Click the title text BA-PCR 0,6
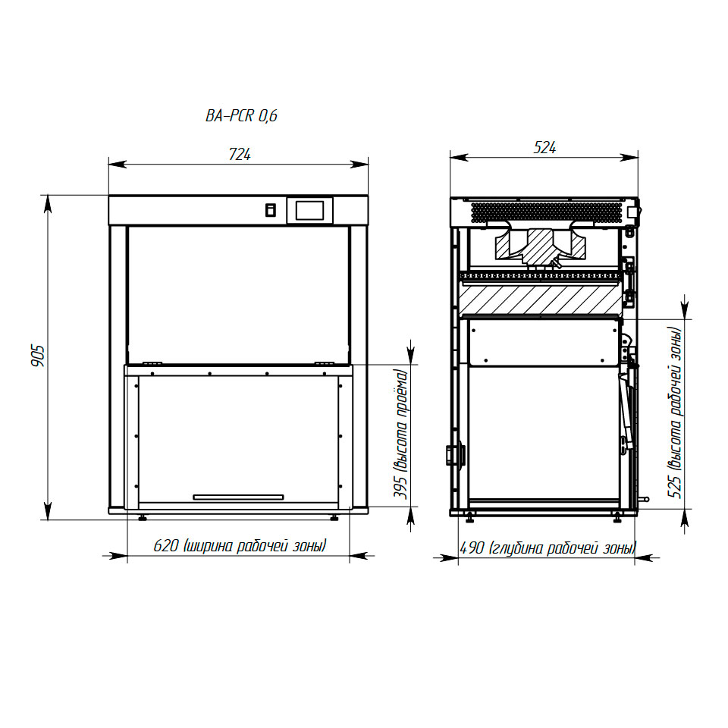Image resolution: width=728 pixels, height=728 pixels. [241, 115]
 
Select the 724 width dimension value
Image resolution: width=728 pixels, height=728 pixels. [240, 154]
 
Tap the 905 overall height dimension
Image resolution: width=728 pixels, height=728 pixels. [38, 356]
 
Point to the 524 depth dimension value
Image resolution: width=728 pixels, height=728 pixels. [544, 148]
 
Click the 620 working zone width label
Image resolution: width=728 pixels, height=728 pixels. [240, 545]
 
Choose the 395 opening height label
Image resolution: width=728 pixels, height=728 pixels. [400, 434]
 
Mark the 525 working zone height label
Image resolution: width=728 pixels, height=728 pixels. [675, 413]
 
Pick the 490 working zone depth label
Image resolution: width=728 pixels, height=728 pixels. [548, 548]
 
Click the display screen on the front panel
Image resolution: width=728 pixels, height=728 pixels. [309, 210]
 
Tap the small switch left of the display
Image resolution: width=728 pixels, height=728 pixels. [270, 210]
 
